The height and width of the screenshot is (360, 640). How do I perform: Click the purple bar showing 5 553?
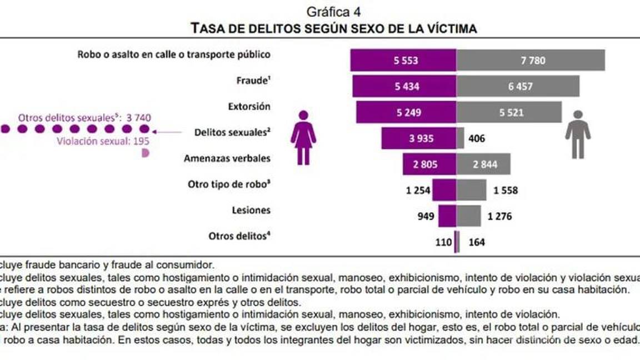click(403, 61)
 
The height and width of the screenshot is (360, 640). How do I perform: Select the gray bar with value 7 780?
click(531, 61)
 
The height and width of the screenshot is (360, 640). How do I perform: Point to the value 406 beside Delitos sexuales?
click(477, 138)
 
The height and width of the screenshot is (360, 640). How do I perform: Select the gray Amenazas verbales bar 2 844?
click(483, 164)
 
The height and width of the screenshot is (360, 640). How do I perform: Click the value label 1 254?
click(418, 190)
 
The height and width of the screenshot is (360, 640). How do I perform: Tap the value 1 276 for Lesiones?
click(499, 216)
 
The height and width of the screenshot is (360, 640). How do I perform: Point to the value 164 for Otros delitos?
click(477, 242)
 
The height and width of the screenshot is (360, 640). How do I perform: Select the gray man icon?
click(578, 134)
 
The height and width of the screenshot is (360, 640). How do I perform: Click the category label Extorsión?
click(249, 106)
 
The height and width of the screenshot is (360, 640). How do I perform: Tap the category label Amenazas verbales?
click(227, 158)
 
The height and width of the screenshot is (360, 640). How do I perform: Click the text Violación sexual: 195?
click(103, 141)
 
